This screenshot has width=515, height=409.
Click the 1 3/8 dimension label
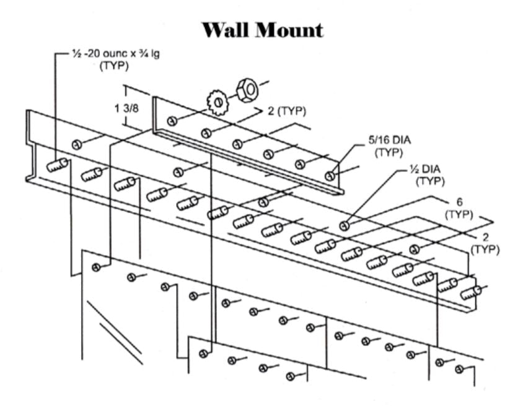(x=127, y=108)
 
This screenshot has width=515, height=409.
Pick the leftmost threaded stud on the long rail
(x=57, y=165)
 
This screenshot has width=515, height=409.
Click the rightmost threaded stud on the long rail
(x=473, y=293)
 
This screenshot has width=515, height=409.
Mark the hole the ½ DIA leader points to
(x=344, y=224)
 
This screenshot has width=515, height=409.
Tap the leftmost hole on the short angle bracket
(x=173, y=120)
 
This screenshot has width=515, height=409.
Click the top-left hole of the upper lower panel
(x=95, y=267)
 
